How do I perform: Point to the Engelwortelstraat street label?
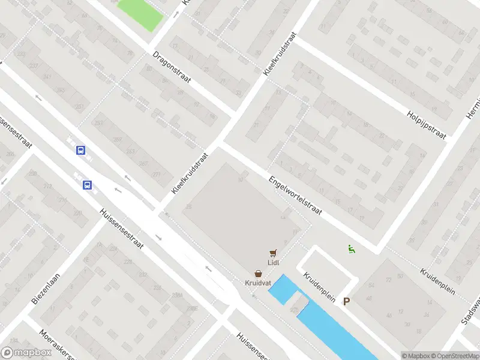point(296,196)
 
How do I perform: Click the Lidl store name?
point(274,262)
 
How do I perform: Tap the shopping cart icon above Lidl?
point(274,253)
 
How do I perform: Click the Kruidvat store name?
point(257,283)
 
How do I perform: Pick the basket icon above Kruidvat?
point(257,273)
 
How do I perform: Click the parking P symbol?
point(346,302)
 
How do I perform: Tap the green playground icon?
point(351,248)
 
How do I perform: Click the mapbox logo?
point(26,353)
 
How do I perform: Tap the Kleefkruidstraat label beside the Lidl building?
point(190,172)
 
